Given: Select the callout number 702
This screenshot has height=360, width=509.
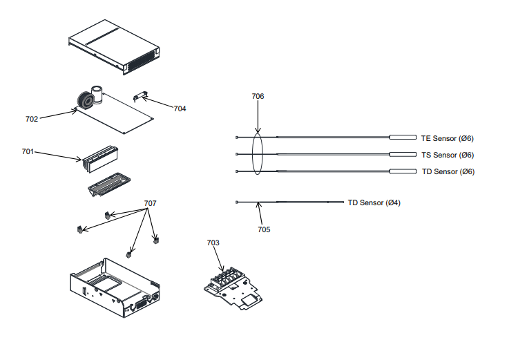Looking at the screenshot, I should click(x=32, y=119).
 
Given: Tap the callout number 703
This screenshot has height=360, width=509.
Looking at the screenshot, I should click(x=213, y=243).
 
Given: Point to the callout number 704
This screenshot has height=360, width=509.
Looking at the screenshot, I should click(x=180, y=108).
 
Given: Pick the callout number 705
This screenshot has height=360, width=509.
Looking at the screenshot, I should click(x=264, y=229).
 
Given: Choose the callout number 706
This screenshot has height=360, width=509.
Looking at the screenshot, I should click(x=258, y=96).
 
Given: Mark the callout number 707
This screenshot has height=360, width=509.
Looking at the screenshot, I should click(x=150, y=203).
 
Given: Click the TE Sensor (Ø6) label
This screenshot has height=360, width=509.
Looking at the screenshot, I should click(x=447, y=138).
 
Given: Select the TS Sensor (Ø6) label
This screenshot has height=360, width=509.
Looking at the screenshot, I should click(x=447, y=155).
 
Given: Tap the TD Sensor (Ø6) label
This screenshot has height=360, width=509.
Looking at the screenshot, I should click(x=447, y=171).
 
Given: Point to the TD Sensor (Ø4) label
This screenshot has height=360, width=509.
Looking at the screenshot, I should click(x=374, y=202).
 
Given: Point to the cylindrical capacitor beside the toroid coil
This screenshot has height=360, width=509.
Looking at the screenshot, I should click(x=97, y=94).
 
